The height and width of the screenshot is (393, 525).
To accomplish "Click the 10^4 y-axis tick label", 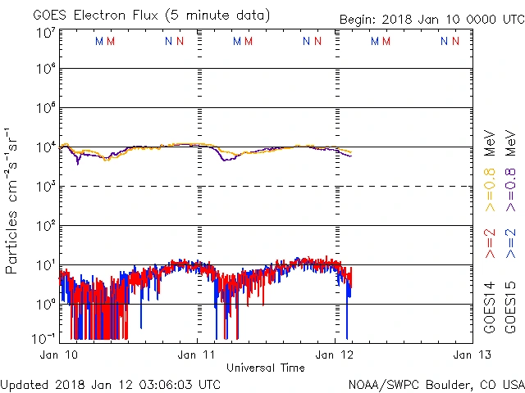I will [x=46, y=147].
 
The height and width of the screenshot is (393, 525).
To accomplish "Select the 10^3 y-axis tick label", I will [x=46, y=186].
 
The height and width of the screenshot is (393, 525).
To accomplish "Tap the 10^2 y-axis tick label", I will [x=46, y=225].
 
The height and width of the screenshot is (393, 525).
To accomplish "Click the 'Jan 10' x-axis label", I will [x=58, y=355].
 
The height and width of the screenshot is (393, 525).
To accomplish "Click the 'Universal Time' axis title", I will [x=266, y=368].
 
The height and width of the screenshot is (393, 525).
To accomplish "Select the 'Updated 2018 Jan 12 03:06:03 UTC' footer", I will [x=111, y=383].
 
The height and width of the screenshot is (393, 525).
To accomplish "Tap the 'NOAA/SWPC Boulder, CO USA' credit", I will [x=436, y=383].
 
